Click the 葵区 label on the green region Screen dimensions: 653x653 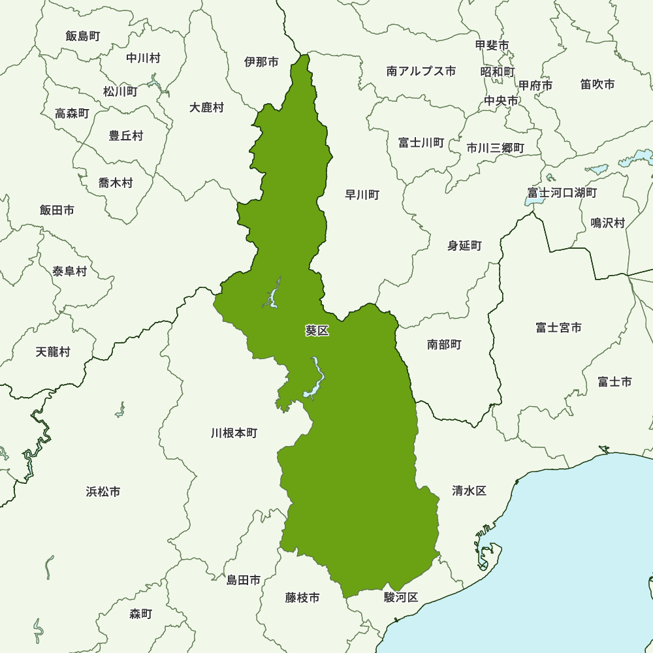tap(317, 331)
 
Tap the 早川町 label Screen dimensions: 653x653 tap(362, 195)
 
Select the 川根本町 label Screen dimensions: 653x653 tap(234, 433)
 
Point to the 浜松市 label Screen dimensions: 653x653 tap(103, 492)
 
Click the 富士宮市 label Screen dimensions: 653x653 tap(558, 328)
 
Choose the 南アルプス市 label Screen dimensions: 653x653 tap(421, 71)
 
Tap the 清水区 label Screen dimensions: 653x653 tap(470, 491)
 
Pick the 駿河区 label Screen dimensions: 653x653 tap(400, 597)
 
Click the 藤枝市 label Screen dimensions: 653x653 tap(302, 597)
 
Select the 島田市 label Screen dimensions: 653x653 tap(244, 580)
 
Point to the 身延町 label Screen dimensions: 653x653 tap(464, 246)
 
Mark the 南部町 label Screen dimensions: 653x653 tap(444, 344)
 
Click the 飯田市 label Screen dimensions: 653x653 tap(57, 210)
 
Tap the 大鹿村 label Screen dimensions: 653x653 tap(206, 108)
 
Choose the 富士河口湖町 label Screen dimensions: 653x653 tap(562, 193)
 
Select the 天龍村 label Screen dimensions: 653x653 tap(53, 352)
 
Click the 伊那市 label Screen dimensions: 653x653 tap(261, 62)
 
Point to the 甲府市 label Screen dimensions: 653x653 tap(535, 86)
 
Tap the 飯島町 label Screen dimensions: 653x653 tap(83, 36)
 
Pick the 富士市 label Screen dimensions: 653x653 tap(614, 382)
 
